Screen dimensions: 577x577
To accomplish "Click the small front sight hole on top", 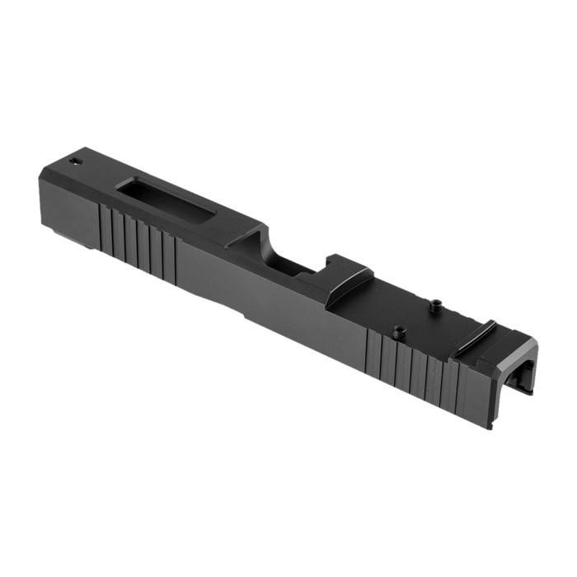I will pos(75,160).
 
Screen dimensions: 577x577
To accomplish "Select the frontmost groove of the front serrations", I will pos(102,227).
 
